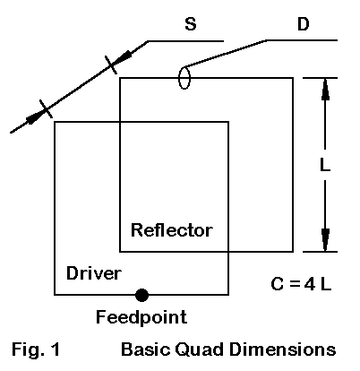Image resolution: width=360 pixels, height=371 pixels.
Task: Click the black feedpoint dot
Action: point(141,295)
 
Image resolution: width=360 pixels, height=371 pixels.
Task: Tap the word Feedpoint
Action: point(141,317)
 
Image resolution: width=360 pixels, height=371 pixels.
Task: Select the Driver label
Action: point(94,273)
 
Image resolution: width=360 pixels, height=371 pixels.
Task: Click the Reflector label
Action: point(172,230)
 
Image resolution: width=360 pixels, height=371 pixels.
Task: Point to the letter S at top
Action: point(191,24)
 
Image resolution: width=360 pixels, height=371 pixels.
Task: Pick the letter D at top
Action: point(304,23)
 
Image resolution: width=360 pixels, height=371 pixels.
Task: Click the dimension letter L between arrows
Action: point(325,164)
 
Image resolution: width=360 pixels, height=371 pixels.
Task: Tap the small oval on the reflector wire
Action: point(184,78)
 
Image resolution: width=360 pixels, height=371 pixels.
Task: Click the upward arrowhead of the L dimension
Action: point(325,89)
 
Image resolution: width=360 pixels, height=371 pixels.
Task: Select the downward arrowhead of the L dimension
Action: point(325,240)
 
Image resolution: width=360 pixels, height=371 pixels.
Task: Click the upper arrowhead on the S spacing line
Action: point(123,57)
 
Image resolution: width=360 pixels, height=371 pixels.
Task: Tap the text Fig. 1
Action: point(36,349)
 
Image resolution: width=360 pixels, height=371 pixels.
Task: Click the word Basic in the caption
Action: point(146,349)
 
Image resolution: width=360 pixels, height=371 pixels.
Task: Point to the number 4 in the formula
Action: point(310,284)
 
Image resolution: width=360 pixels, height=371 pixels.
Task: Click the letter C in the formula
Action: point(278,284)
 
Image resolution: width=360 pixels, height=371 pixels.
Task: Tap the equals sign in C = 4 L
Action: point(295,284)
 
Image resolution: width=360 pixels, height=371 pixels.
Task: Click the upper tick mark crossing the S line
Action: point(111,65)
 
